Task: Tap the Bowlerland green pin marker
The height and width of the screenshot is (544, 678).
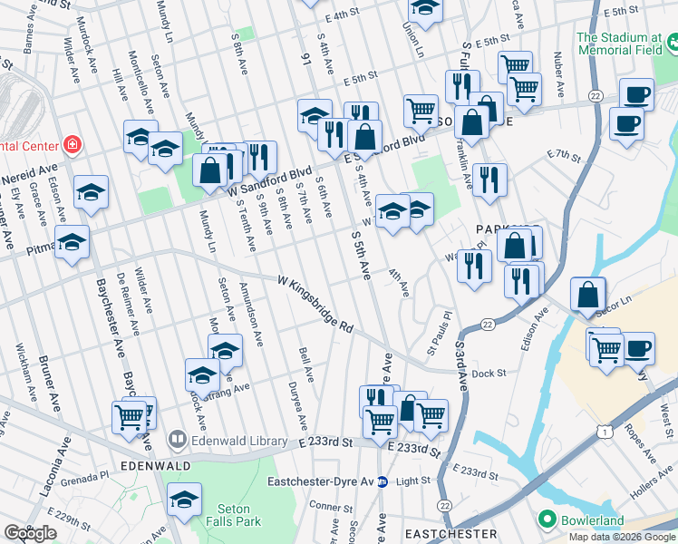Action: coord(545,520)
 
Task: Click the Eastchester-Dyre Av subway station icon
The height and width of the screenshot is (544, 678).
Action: coord(383,481)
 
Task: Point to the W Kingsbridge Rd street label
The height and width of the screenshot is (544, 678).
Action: coord(315,307)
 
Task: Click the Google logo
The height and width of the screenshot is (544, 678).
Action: coord(30,533)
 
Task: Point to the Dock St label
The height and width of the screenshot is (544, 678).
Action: coord(488,372)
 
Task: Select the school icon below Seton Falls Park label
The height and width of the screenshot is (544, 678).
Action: coord(185,500)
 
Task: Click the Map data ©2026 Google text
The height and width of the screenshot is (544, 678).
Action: coord(622,537)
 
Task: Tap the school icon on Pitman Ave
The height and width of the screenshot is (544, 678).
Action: coord(72,242)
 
